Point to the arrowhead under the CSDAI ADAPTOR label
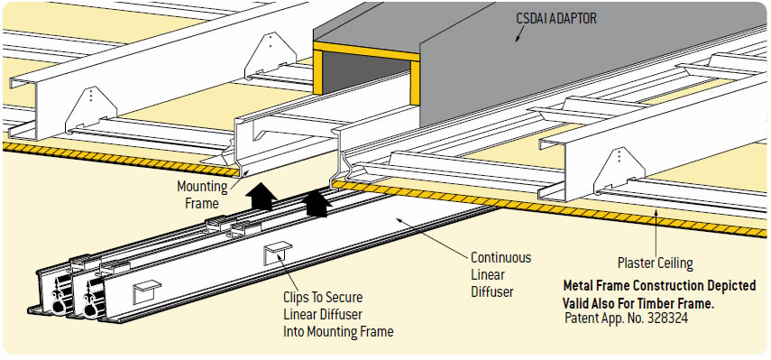point(515,40)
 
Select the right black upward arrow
point(316,203)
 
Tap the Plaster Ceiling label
point(656,263)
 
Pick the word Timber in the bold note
point(656,303)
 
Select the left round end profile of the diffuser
point(57,307)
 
